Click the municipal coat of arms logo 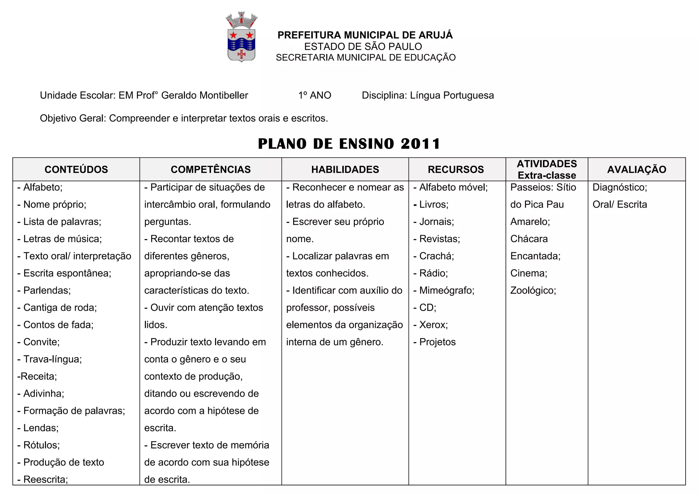[241, 37]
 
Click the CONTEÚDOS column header [76, 170]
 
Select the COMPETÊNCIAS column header [211, 170]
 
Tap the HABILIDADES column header [345, 170]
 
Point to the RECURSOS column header [456, 170]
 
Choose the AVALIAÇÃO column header [637, 170]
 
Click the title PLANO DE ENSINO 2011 [349, 144]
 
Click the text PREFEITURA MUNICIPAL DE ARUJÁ [365, 35]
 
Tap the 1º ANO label [315, 95]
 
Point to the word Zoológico [533, 291]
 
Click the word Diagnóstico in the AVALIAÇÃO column [620, 187]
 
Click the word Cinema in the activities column [529, 273]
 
